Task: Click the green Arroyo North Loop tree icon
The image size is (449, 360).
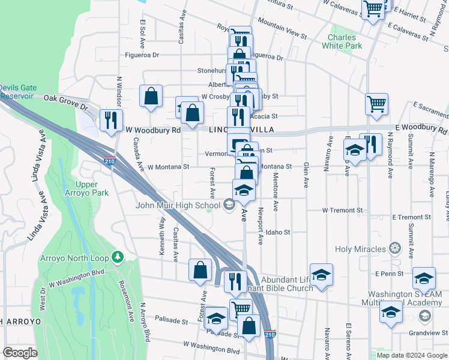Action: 118,258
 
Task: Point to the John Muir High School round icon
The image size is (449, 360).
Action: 228,206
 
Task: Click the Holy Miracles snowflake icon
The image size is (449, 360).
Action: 394,247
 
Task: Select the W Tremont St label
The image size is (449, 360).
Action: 342,211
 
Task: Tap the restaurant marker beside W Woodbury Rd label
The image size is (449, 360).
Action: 111,120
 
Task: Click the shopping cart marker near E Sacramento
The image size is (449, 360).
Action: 376,104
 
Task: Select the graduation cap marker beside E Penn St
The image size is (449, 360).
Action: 424,278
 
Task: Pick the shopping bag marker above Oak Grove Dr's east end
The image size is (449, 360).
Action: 151,96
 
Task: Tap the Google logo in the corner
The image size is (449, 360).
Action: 20,353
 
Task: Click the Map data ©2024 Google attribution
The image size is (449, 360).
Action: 412,355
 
